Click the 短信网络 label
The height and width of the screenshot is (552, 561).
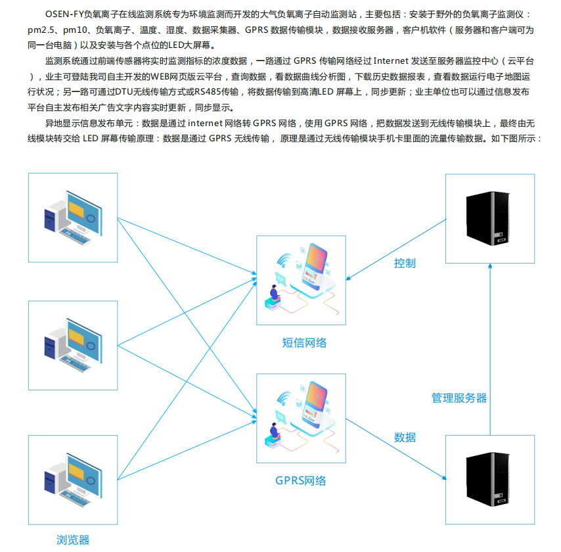(304, 342)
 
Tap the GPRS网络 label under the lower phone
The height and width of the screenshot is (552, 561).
(301, 480)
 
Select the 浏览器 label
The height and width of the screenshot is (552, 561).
(73, 540)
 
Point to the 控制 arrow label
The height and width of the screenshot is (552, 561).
(405, 263)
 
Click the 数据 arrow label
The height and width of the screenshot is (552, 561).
(405, 437)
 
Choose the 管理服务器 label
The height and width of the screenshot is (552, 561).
(459, 398)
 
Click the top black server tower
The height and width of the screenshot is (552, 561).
(487, 218)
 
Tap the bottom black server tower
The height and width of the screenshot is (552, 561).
(487, 479)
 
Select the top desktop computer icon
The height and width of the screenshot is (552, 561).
(73, 218)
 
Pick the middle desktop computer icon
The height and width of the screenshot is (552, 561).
(73, 345)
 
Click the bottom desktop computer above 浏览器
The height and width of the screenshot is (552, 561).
(73, 480)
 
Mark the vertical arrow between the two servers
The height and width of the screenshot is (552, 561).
(490, 350)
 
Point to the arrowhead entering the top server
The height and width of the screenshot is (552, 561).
(490, 266)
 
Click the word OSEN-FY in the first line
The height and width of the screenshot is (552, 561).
(64, 14)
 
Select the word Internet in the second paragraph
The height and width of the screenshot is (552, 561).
(391, 61)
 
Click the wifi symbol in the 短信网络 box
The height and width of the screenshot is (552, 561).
(284, 260)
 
